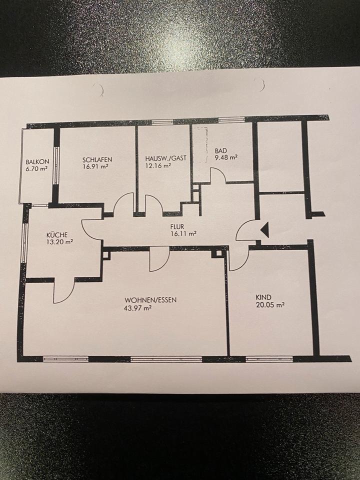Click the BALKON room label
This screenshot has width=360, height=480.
pos(37,161)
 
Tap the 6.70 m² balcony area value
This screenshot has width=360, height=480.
pos(37,169)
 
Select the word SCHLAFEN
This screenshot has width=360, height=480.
pos(96,160)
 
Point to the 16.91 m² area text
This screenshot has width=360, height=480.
pos(96,168)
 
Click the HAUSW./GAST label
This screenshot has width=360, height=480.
pos(162,158)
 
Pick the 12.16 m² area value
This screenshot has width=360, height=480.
pos(158,165)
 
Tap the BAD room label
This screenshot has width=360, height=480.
pos(220,149)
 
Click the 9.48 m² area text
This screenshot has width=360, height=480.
pos(225,157)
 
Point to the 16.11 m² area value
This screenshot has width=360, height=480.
pos(182,233)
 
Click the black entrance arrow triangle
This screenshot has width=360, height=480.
pos(264,230)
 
